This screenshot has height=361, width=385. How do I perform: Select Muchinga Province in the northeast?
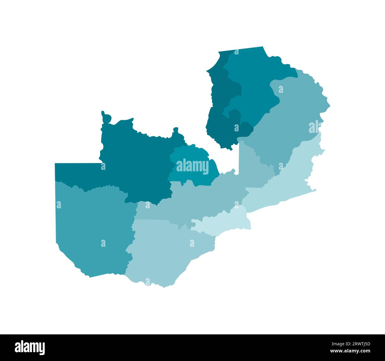point(293,118)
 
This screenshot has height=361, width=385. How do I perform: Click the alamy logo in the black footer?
point(30,347)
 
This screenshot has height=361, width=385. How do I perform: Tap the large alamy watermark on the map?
point(192,166)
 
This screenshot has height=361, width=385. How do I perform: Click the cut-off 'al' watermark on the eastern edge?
point(315,127)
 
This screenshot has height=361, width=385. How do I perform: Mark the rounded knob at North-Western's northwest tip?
point(105,117)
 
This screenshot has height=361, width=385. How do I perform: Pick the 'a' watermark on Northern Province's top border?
point(236,52)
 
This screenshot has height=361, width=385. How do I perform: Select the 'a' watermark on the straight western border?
point(59,205)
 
